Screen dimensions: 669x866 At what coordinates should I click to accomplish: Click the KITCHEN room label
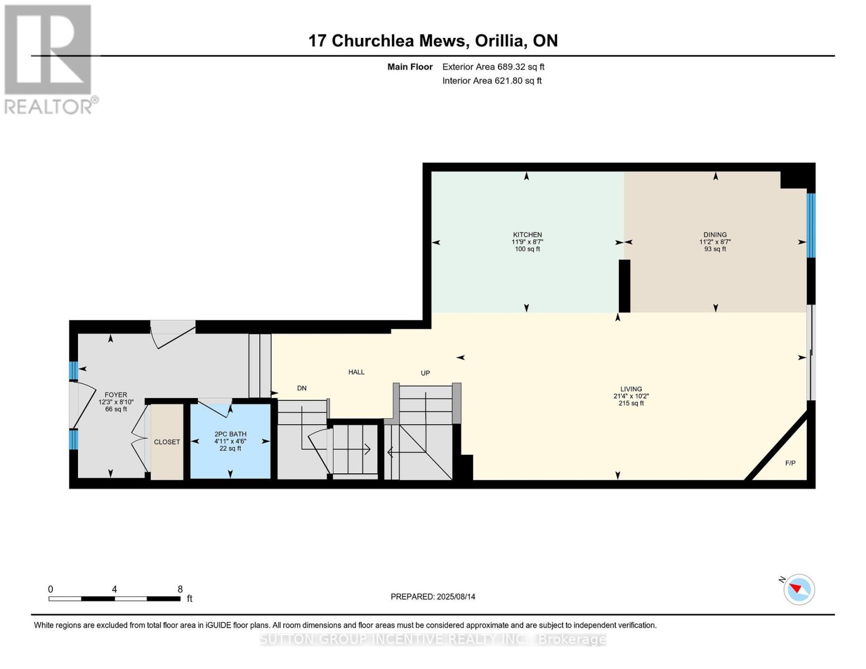527,235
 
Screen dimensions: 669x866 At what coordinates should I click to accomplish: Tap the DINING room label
715,235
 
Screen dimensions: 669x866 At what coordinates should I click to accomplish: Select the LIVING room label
631,389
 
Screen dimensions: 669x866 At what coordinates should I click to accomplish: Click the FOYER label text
116,395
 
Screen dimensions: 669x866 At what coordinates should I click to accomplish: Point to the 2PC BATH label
230,434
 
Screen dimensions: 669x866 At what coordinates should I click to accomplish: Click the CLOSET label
167,442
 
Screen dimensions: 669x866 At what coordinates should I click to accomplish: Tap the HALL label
356,372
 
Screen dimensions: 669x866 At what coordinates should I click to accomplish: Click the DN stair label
302,389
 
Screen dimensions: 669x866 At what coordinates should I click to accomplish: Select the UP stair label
425,373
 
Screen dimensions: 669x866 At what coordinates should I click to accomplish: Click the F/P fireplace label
790,463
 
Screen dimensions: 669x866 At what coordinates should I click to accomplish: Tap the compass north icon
799,589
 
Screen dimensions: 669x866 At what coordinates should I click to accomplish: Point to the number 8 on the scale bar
180,589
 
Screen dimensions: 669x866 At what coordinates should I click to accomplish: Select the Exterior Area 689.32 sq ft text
493,67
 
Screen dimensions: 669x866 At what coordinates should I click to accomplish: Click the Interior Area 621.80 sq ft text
492,81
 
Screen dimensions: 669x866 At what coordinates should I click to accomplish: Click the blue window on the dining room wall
811,225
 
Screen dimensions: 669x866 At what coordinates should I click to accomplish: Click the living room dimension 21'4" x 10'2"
631,396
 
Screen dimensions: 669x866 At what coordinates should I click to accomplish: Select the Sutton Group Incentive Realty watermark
433,639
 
